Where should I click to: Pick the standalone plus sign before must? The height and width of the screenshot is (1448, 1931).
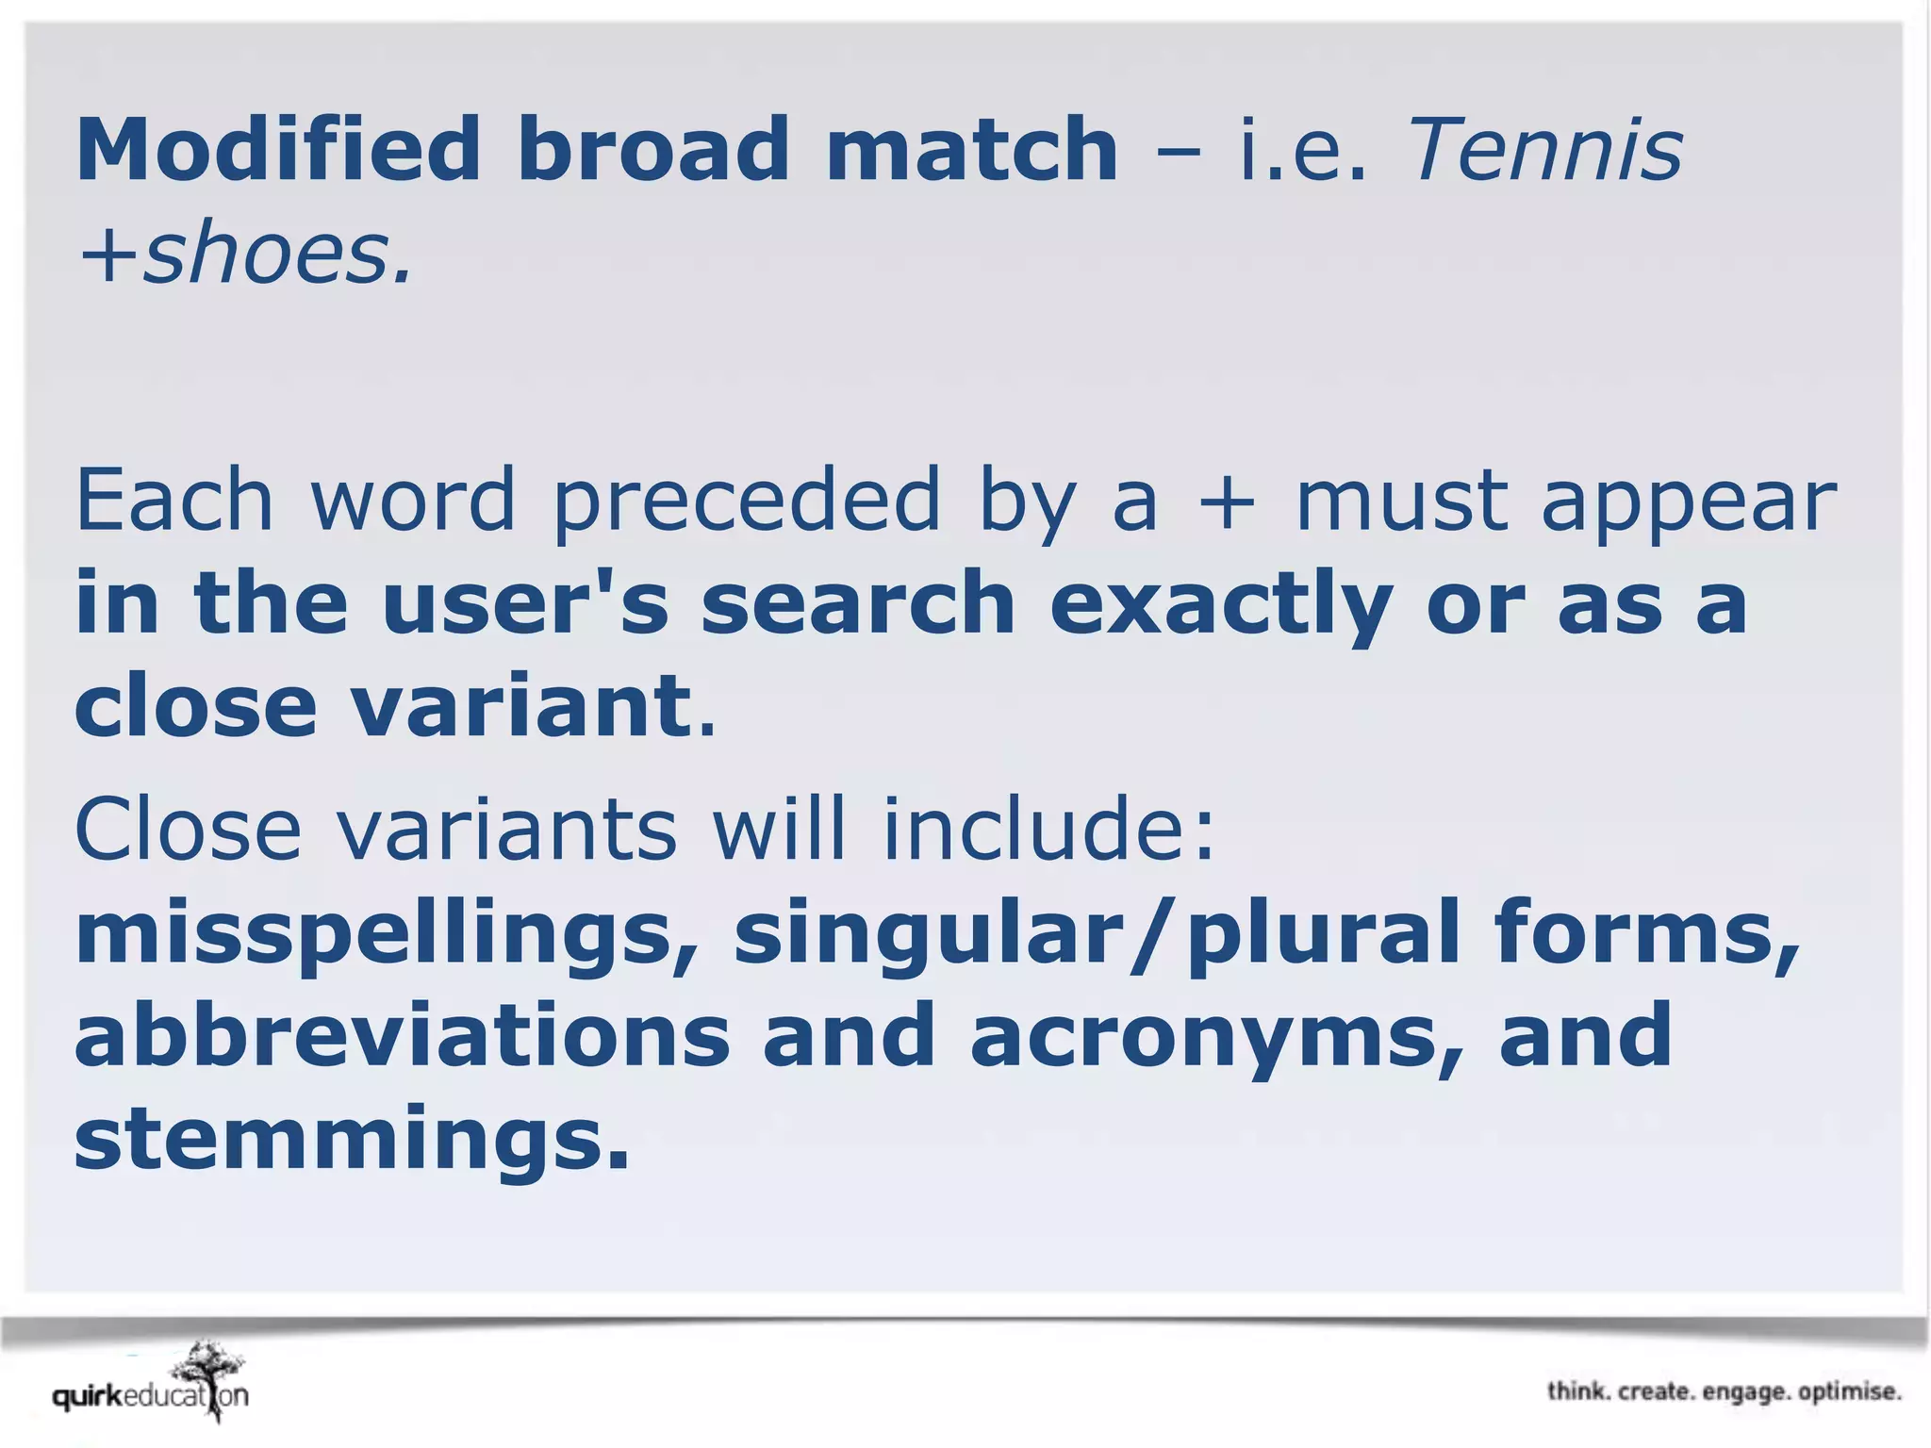[x=1227, y=502]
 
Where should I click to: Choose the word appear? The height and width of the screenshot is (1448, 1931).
[x=1689, y=502]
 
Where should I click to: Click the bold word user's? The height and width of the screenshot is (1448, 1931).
[x=524, y=602]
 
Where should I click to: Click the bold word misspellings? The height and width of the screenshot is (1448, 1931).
[x=387, y=933]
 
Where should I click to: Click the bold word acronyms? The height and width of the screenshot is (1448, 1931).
[x=1217, y=1037]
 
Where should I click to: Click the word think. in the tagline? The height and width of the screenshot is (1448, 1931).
[x=1578, y=1391]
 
